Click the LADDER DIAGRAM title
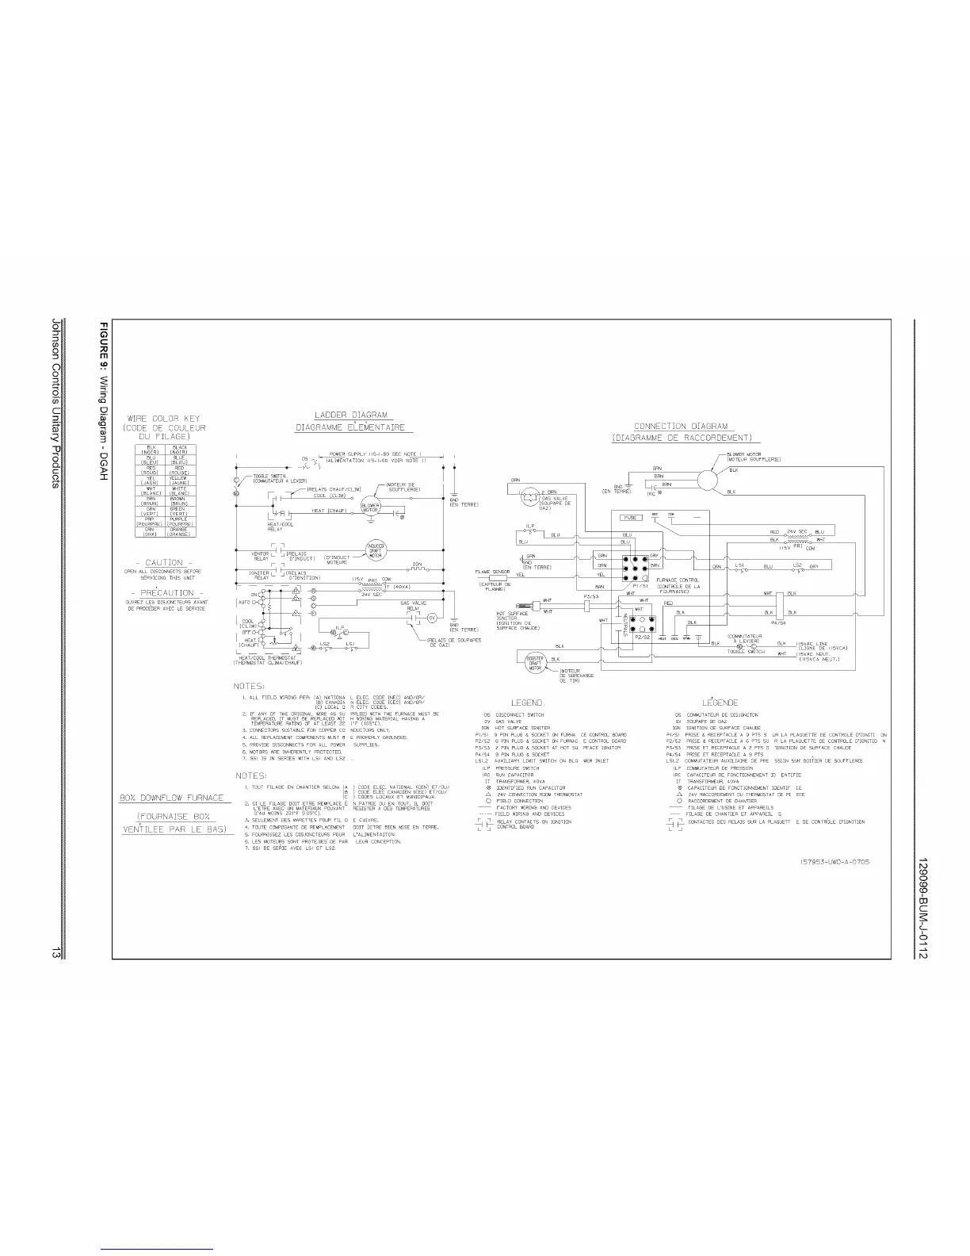(x=349, y=415)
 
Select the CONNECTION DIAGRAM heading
(x=681, y=427)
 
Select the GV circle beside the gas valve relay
(x=433, y=618)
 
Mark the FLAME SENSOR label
(x=492, y=571)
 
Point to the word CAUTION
(x=164, y=563)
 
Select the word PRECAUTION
(x=166, y=592)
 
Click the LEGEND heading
(x=526, y=703)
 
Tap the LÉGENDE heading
(x=720, y=703)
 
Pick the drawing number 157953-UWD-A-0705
(x=830, y=862)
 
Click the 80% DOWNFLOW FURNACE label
(x=172, y=798)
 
